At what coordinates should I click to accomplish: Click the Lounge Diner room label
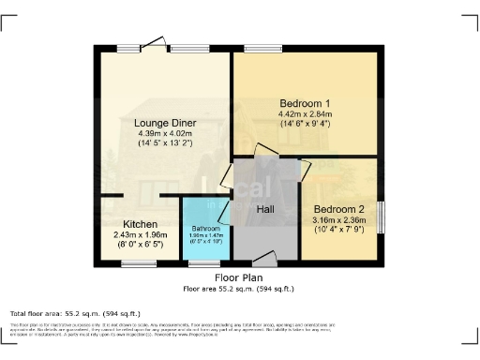[x=164, y=123]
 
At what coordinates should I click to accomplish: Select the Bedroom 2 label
[x=338, y=209]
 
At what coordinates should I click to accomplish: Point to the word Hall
[x=266, y=209]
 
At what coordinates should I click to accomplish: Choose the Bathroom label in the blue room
[x=206, y=229]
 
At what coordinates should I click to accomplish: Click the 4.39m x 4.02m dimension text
[x=164, y=134]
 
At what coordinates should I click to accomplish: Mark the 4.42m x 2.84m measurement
[x=305, y=114]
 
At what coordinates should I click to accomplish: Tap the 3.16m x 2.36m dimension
[x=338, y=221]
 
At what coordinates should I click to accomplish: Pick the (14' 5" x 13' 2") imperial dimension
[x=164, y=144]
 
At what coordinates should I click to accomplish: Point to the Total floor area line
[x=75, y=313]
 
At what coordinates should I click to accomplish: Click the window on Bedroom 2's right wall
[x=381, y=217]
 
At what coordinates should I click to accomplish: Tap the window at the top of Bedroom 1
[x=258, y=48]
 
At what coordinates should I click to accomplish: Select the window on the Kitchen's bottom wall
[x=139, y=263]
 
